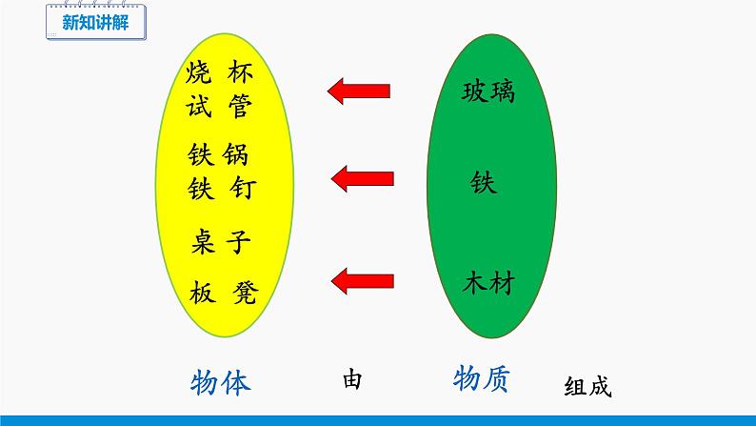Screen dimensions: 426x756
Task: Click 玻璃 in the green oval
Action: click(488, 92)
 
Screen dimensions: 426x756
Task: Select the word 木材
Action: click(488, 283)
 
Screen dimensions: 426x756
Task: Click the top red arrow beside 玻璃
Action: click(361, 91)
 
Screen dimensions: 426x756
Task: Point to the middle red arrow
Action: click(361, 176)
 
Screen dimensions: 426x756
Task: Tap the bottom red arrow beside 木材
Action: click(361, 279)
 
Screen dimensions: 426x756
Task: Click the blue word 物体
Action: click(220, 382)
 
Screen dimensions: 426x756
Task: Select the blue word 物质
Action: click(480, 378)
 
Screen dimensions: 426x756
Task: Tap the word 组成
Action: click(587, 387)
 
